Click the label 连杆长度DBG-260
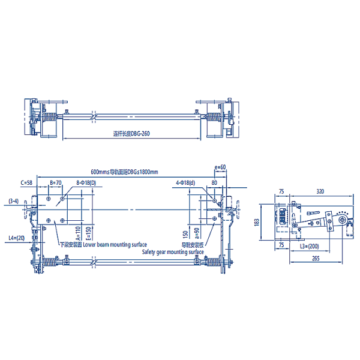131,134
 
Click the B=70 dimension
56,182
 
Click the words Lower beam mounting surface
115,245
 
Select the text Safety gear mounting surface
173,253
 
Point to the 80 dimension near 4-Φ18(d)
214,182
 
